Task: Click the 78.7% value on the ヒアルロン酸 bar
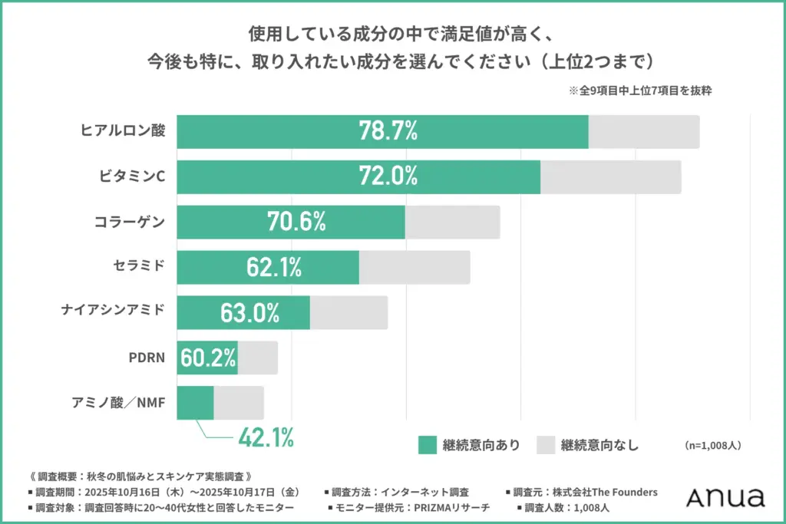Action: pyautogui.click(x=388, y=131)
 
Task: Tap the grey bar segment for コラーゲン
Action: pyautogui.click(x=452, y=222)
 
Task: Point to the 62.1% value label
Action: pyautogui.click(x=274, y=267)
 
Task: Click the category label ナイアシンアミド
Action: pyautogui.click(x=113, y=311)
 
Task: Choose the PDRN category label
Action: pyautogui.click(x=147, y=357)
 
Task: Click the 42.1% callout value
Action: pyautogui.click(x=266, y=438)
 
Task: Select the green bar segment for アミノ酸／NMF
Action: pyautogui.click(x=195, y=403)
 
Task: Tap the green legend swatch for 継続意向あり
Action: pyautogui.click(x=427, y=444)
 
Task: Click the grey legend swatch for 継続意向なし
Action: pyautogui.click(x=545, y=444)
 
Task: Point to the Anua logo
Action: pyautogui.click(x=725, y=497)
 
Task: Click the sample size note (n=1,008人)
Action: pyautogui.click(x=712, y=445)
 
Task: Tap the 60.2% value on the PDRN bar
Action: pyautogui.click(x=208, y=358)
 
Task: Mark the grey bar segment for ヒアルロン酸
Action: pyautogui.click(x=643, y=131)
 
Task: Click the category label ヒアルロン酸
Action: pyautogui.click(x=123, y=130)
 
